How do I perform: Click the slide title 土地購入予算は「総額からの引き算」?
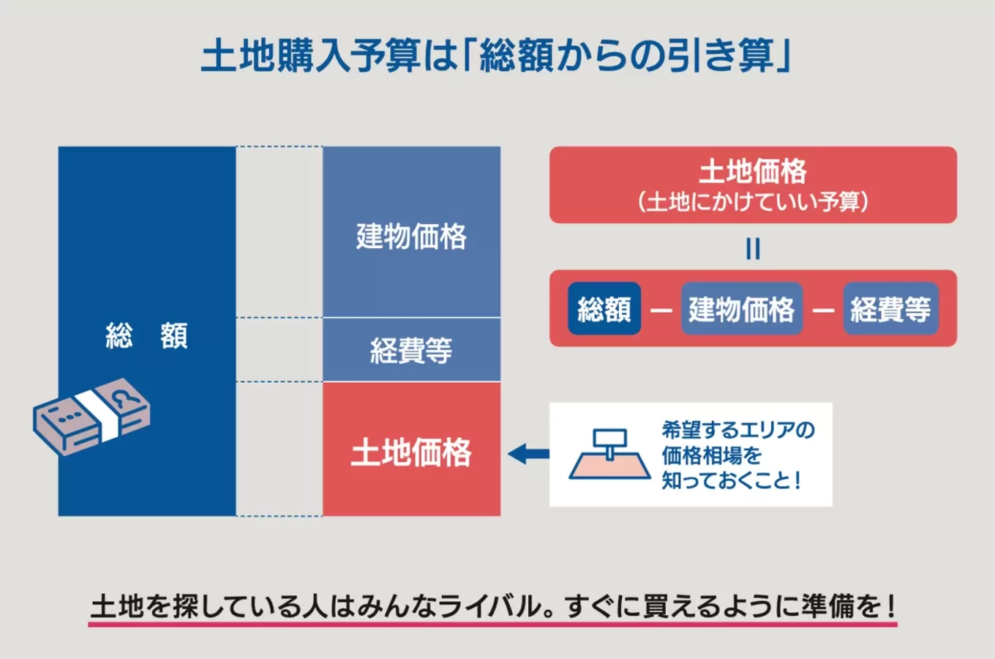click(496, 56)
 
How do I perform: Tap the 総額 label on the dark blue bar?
click(146, 335)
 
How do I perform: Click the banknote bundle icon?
click(91, 417)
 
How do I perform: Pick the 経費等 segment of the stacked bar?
click(411, 350)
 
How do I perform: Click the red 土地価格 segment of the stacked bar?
click(411, 451)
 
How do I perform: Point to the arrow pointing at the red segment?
click(527, 454)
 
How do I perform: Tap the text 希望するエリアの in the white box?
click(737, 430)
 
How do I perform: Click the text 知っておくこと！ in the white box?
click(732, 480)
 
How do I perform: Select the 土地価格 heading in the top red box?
click(752, 171)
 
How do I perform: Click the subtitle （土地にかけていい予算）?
click(752, 201)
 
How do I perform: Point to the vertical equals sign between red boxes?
click(753, 249)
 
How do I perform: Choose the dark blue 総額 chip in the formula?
click(604, 309)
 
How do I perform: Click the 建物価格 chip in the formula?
click(741, 309)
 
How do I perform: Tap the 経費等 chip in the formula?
click(890, 309)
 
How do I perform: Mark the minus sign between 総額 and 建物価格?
click(661, 310)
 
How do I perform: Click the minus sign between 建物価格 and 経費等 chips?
click(823, 310)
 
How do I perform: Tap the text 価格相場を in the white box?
click(712, 455)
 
